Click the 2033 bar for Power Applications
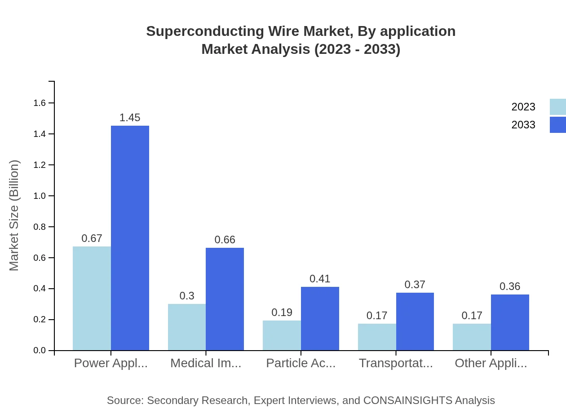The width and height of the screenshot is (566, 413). click(x=130, y=238)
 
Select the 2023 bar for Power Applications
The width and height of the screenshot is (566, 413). click(x=92, y=299)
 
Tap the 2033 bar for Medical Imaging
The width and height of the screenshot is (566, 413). click(x=225, y=299)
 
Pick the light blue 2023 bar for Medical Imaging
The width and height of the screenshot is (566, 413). click(x=187, y=327)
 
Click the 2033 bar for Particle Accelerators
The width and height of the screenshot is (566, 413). click(x=320, y=319)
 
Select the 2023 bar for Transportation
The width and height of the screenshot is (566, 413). click(x=377, y=337)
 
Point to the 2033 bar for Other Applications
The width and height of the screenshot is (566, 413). click(x=510, y=322)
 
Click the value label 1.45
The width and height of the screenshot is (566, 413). click(x=130, y=118)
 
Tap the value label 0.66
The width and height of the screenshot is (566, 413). click(x=225, y=240)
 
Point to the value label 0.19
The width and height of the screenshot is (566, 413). click(x=282, y=312)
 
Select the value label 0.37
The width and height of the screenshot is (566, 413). click(x=415, y=285)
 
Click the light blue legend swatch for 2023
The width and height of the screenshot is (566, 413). click(x=557, y=107)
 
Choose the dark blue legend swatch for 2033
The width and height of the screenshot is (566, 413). click(x=557, y=125)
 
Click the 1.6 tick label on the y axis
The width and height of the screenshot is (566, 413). click(x=40, y=103)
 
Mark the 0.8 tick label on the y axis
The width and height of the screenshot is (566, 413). click(x=40, y=227)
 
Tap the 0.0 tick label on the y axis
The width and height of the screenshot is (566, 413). click(x=40, y=351)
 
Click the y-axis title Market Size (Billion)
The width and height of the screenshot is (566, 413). click(x=14, y=215)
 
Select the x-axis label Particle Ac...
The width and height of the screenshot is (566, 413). click(x=301, y=363)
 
